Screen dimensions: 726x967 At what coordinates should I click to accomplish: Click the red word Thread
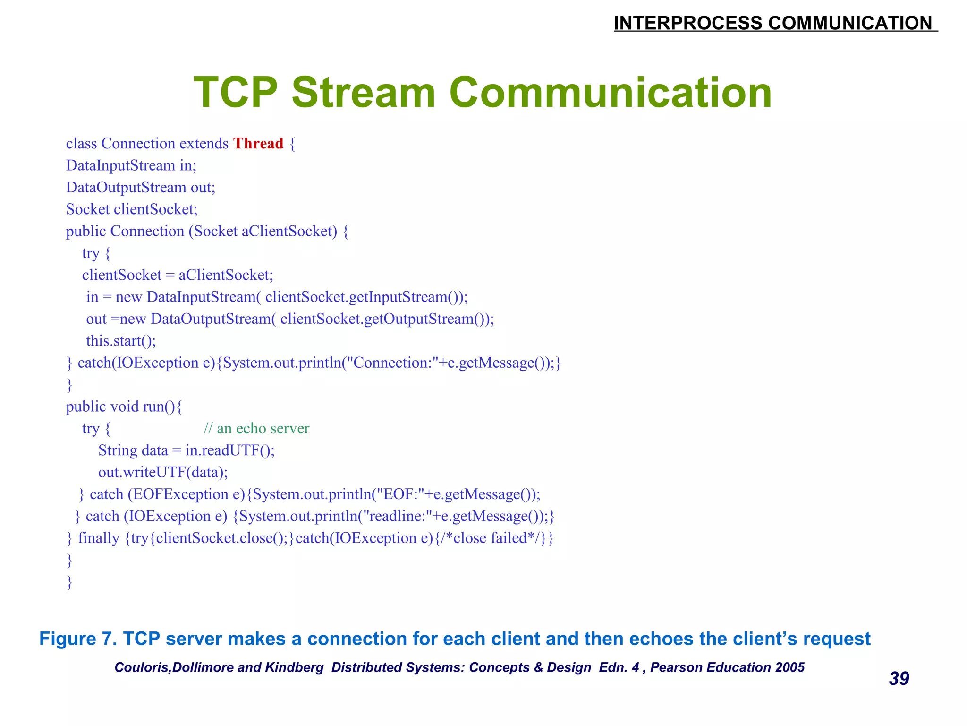(x=258, y=144)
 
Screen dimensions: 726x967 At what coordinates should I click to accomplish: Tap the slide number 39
(x=899, y=679)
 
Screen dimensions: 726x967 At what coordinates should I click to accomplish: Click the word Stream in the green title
(x=363, y=93)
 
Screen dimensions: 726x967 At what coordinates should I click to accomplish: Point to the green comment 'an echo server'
(x=256, y=429)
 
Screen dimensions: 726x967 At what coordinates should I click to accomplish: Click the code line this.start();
(x=121, y=341)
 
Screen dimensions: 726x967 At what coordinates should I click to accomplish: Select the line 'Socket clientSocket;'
(x=132, y=209)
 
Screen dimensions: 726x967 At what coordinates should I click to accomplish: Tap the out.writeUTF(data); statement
(x=163, y=472)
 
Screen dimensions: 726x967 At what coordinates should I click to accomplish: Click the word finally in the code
(x=99, y=538)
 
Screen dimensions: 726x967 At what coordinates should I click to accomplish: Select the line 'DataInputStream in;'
(x=131, y=165)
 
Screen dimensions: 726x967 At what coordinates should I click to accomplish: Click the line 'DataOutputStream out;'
(x=140, y=188)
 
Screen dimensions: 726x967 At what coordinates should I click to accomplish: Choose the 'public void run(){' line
(x=124, y=406)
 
